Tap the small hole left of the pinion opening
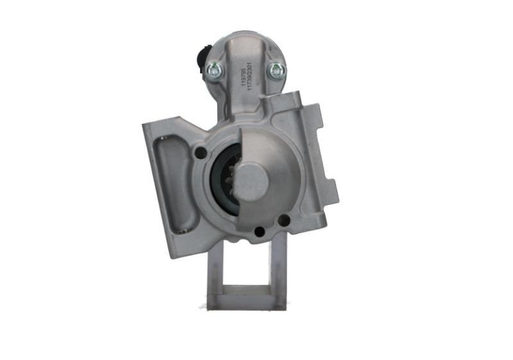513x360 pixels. coord(200,153)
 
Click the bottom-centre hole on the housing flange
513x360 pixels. coord(259,232)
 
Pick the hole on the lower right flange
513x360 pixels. coord(283,220)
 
